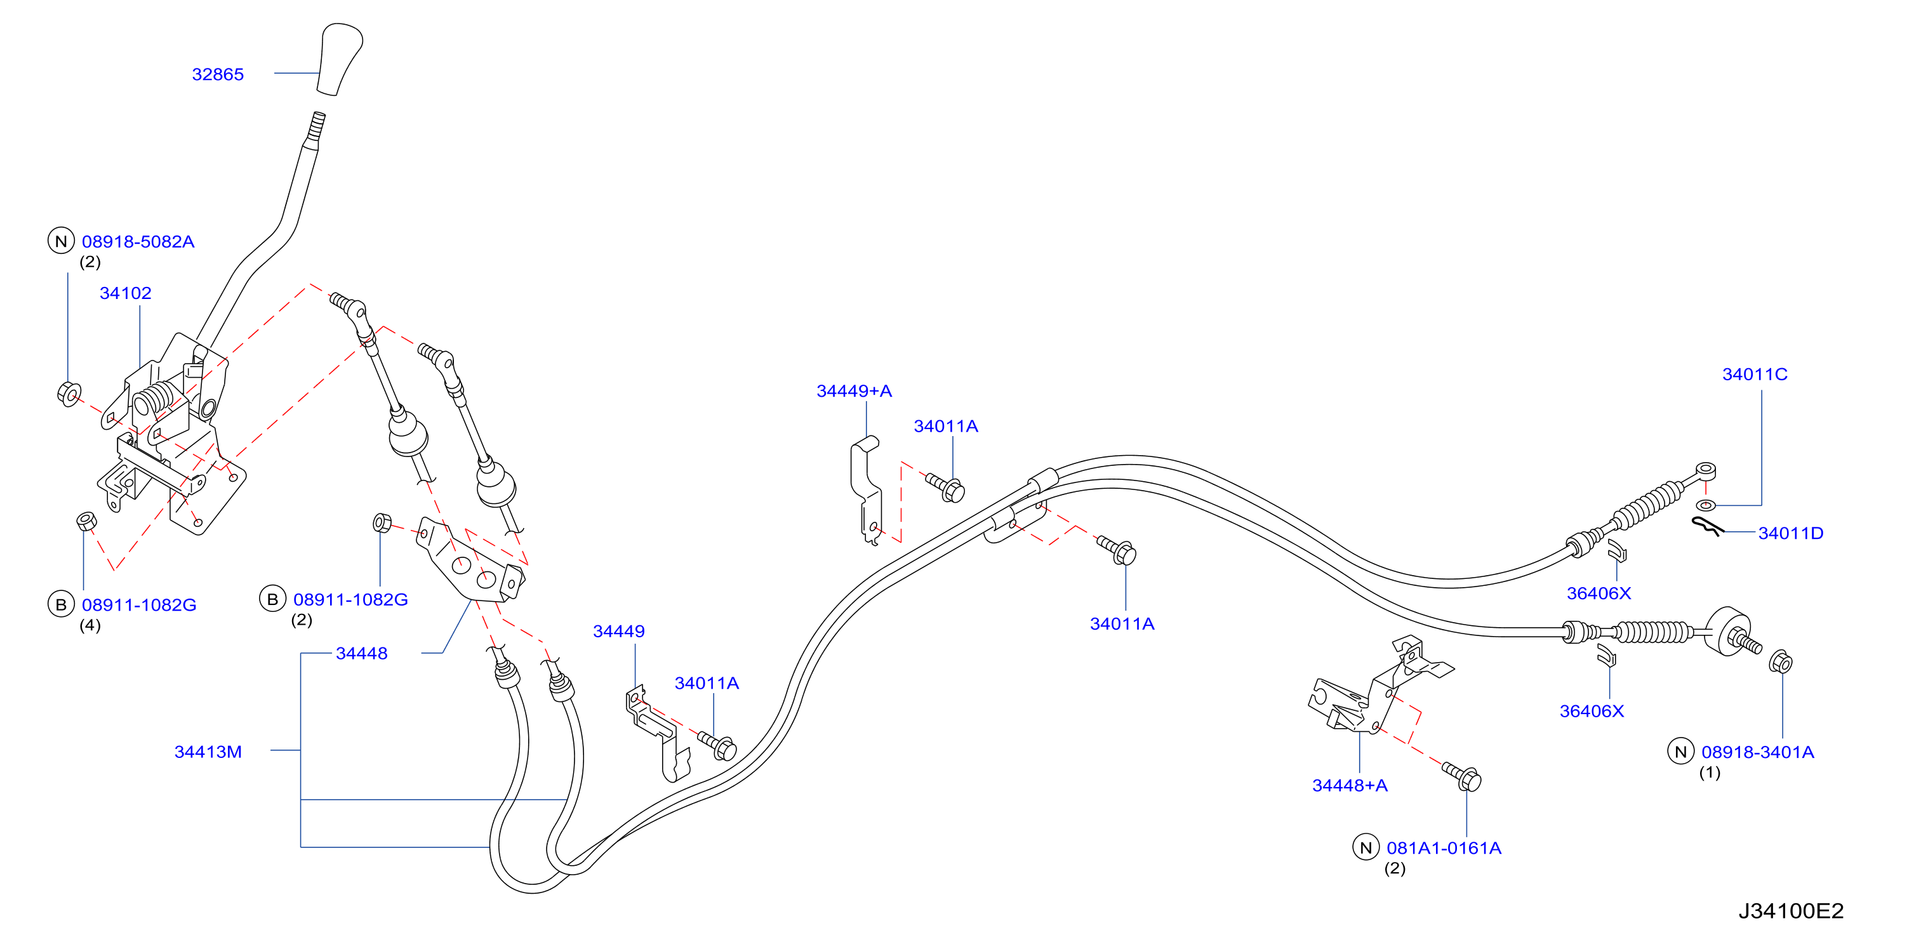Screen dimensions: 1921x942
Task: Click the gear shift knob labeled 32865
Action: pyautogui.click(x=340, y=60)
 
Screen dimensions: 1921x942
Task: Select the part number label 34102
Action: pyautogui.click(x=125, y=293)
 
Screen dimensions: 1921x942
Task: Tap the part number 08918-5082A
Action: pyautogui.click(x=138, y=242)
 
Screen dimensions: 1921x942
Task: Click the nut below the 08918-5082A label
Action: pyautogui.click(x=69, y=393)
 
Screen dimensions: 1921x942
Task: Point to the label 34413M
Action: pyautogui.click(x=208, y=752)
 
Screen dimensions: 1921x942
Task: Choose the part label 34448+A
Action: pyautogui.click(x=1350, y=785)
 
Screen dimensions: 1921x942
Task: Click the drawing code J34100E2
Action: pyautogui.click(x=1791, y=911)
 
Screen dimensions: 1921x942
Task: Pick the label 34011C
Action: pyautogui.click(x=1755, y=375)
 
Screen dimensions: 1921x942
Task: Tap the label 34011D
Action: pyautogui.click(x=1790, y=533)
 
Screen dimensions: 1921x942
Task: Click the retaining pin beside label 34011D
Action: pyautogui.click(x=1708, y=526)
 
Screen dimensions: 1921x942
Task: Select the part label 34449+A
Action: pyautogui.click(x=854, y=391)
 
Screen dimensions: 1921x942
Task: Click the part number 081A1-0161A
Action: pyautogui.click(x=1444, y=848)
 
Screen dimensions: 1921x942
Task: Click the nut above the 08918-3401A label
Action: pyautogui.click(x=1780, y=661)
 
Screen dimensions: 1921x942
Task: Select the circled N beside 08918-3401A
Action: pyautogui.click(x=1680, y=752)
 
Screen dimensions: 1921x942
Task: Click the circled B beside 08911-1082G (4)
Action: pyautogui.click(x=61, y=605)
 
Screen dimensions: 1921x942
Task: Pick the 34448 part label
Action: pyautogui.click(x=362, y=653)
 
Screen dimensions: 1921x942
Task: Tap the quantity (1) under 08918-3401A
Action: pyautogui.click(x=1710, y=773)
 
